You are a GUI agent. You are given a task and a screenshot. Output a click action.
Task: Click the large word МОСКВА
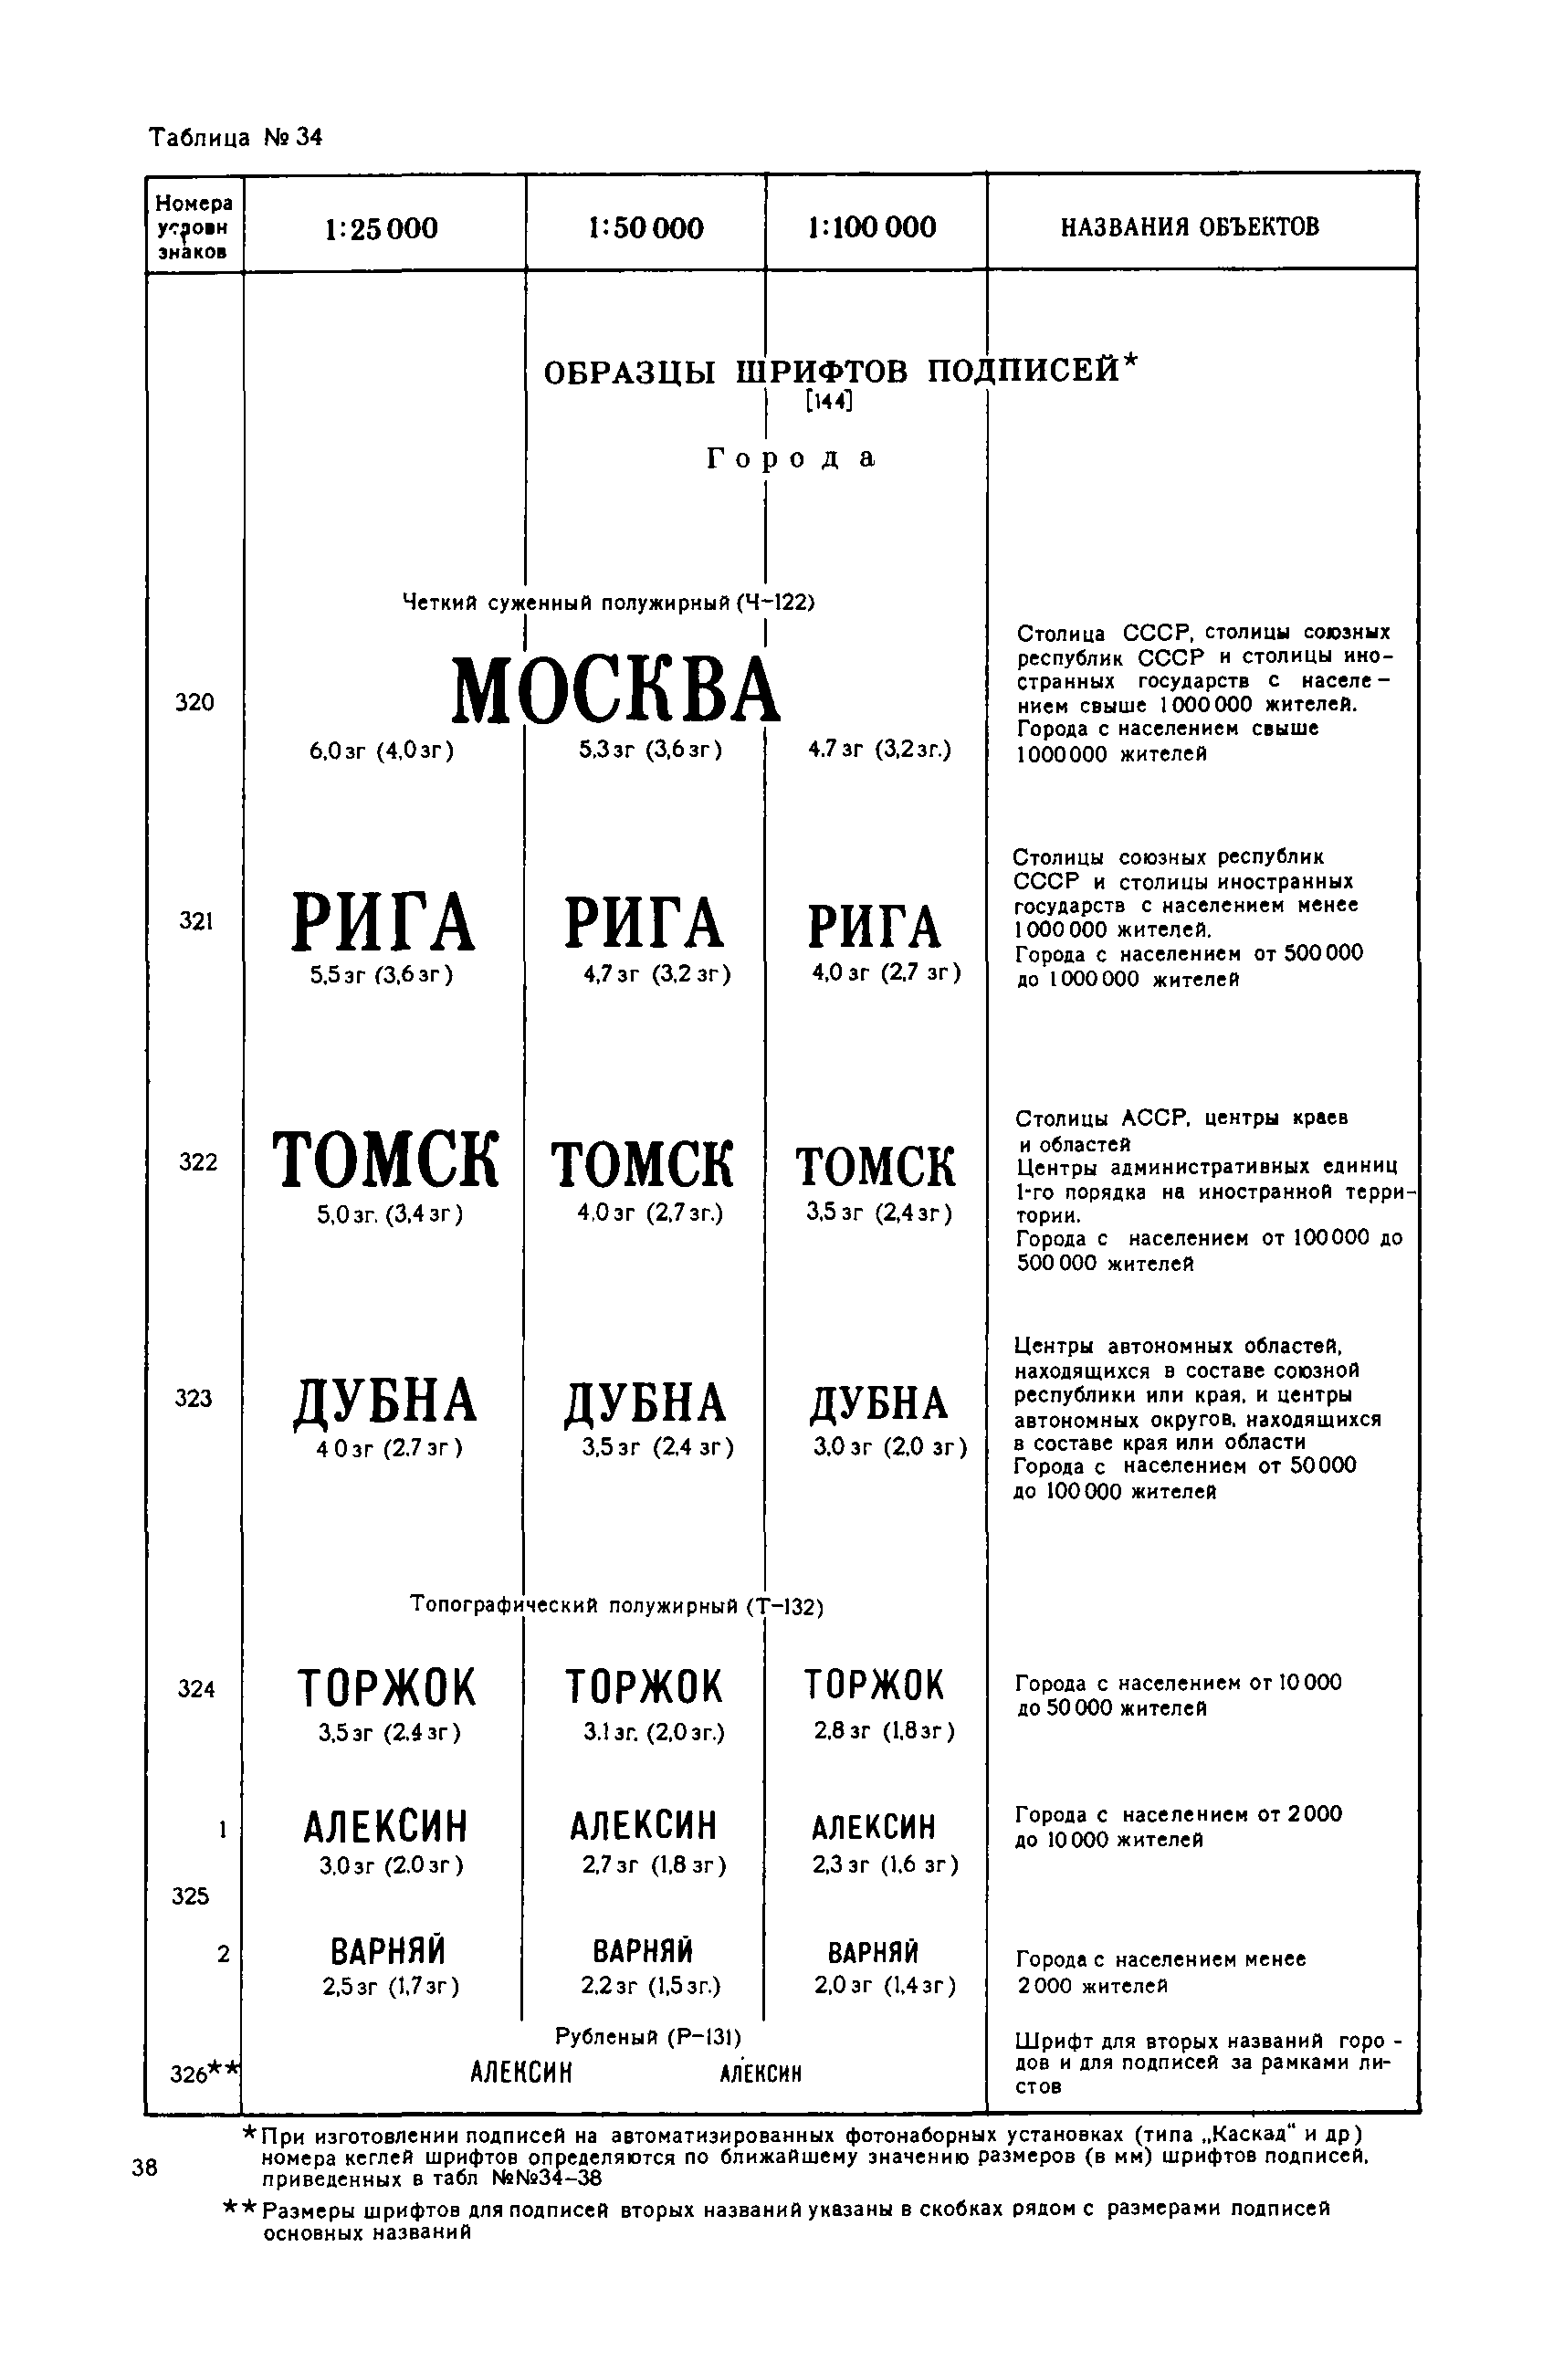click(x=615, y=689)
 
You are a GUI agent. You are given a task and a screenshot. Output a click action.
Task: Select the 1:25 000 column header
click(x=381, y=228)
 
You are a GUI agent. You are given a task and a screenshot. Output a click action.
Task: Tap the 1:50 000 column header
click(x=646, y=228)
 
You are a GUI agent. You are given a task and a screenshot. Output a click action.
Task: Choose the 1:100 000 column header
click(x=872, y=227)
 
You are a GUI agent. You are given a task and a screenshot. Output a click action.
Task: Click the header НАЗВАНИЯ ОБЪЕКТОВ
click(x=1189, y=226)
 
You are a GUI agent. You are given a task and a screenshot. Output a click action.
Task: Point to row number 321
click(x=196, y=920)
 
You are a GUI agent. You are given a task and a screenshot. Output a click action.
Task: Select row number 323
click(x=194, y=1398)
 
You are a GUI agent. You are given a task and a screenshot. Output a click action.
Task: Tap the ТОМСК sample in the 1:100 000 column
click(x=875, y=1167)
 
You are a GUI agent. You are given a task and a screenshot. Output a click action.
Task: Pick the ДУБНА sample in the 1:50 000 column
click(x=645, y=1402)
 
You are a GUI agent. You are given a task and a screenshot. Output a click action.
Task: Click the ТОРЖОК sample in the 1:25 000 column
click(x=387, y=1687)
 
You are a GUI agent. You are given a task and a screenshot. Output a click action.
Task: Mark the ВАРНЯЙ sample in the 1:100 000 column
click(x=873, y=1952)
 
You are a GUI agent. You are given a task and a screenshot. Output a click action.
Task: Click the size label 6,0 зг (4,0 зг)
click(x=381, y=751)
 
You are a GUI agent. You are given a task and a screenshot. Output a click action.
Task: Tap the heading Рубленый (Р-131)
click(x=647, y=2036)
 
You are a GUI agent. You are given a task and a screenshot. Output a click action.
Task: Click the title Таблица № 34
click(x=236, y=137)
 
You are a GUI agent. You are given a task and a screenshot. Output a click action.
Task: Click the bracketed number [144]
click(x=828, y=401)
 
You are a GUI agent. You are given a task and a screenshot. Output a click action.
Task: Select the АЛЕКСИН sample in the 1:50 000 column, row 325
click(x=644, y=1825)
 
